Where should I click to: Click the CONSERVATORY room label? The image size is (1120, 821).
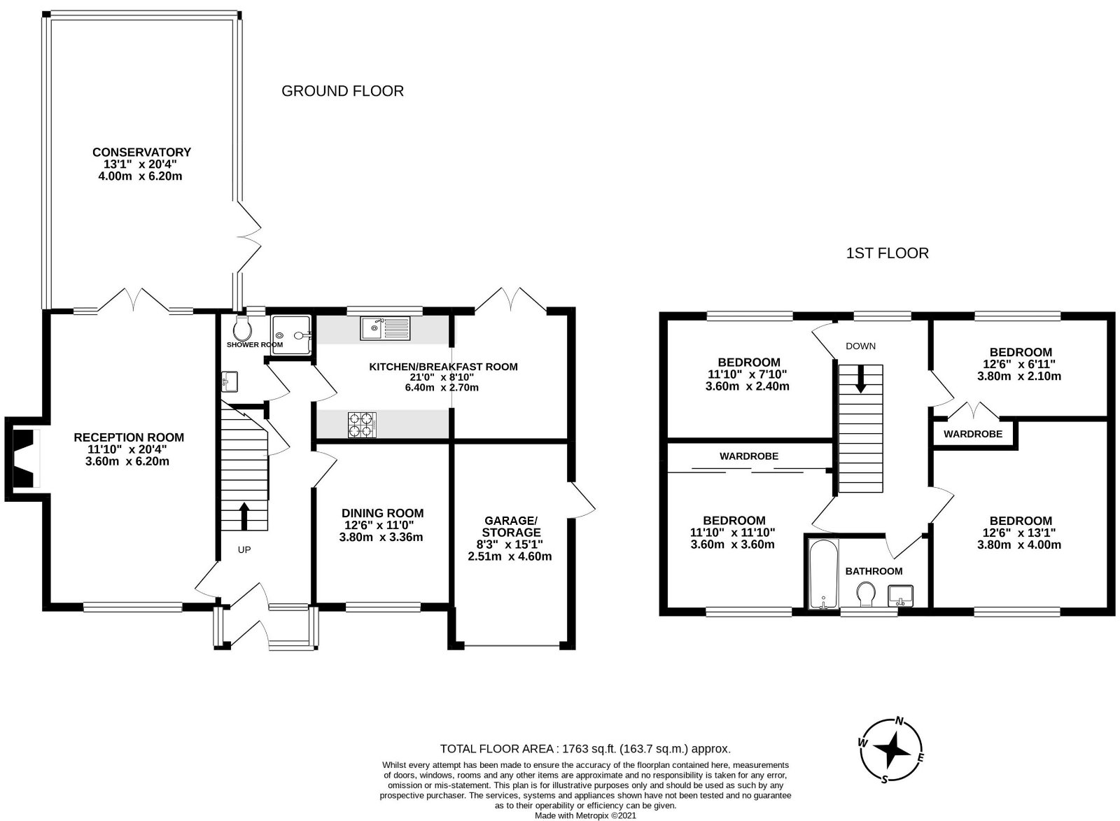tap(141, 152)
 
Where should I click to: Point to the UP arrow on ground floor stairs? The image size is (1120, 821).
tap(244, 516)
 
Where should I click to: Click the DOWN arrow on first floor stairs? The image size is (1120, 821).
tap(860, 378)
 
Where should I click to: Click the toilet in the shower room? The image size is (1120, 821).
tap(242, 326)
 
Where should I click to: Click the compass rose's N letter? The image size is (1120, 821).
tap(902, 722)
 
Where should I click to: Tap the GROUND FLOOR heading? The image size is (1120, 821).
tap(342, 91)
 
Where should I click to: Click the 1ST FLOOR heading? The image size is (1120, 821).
tap(887, 253)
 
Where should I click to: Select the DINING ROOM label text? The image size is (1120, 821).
tap(382, 513)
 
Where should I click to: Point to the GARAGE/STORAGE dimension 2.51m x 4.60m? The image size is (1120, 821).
tap(510, 556)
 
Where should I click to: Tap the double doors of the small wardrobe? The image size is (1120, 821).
tap(974, 412)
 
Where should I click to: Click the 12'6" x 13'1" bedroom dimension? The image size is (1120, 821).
tap(1020, 532)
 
